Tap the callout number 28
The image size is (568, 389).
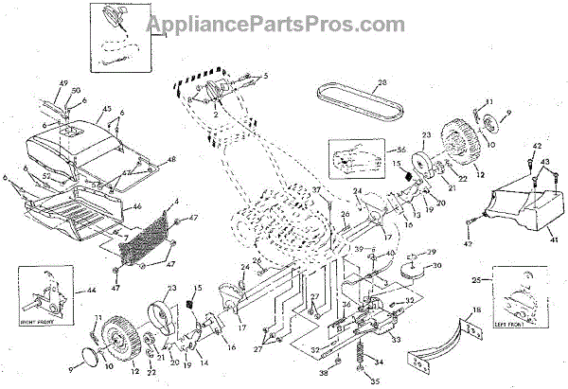click(383, 83)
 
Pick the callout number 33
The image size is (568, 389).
click(397, 339)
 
